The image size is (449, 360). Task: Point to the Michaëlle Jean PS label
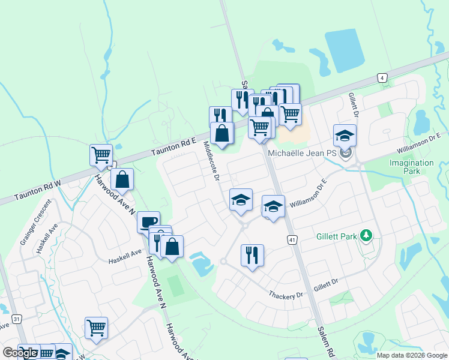pyautogui.click(x=302, y=154)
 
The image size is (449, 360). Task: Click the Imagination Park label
pyautogui.click(x=411, y=167)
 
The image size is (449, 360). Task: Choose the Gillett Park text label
pyautogui.click(x=337, y=236)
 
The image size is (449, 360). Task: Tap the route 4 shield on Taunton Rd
pyautogui.click(x=381, y=77)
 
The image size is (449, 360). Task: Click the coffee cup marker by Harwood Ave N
pyautogui.click(x=148, y=222)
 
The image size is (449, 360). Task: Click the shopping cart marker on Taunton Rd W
pyautogui.click(x=101, y=154)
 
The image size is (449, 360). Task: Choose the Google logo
pyautogui.click(x=20, y=353)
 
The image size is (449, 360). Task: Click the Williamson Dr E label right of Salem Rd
pyautogui.click(x=307, y=200)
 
